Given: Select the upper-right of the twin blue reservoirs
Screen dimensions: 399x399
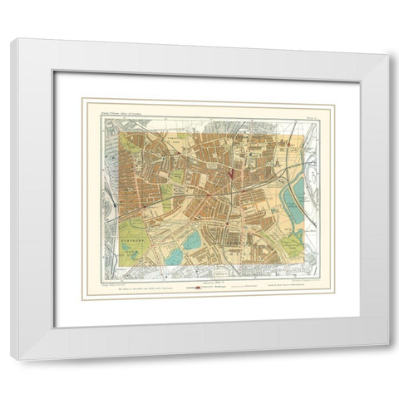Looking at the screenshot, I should coord(191,241).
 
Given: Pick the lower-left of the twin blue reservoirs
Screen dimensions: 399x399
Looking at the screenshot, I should coord(174,256).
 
